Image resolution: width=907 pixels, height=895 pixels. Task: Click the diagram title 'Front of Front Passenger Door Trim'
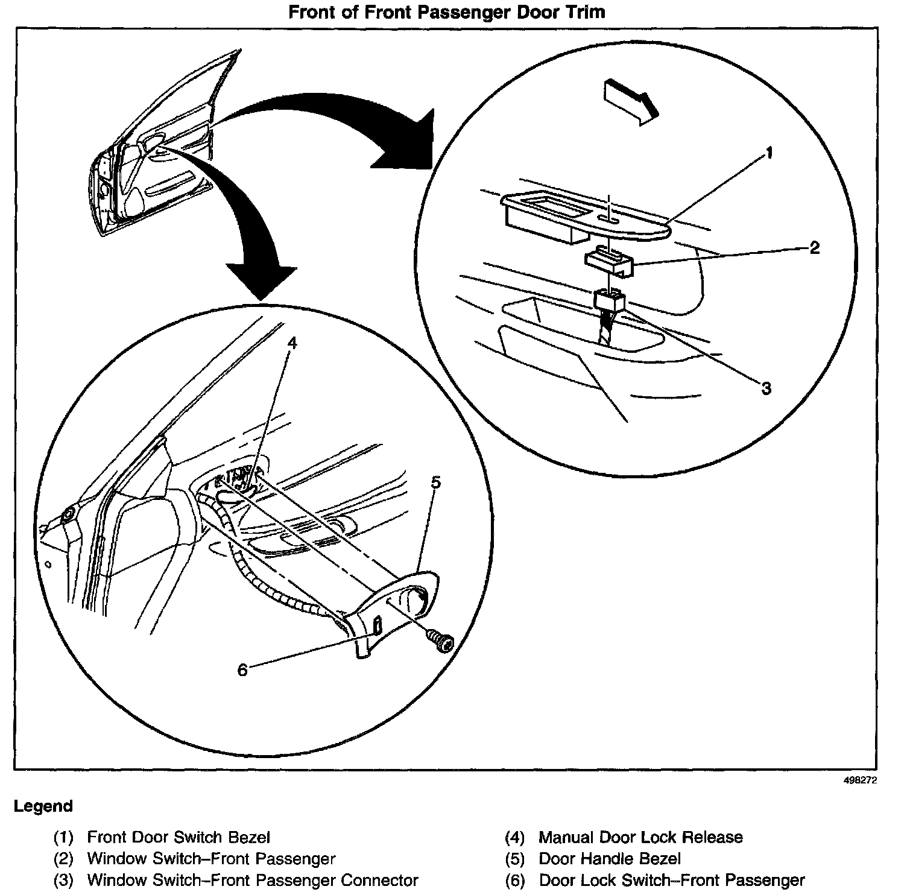coord(447,12)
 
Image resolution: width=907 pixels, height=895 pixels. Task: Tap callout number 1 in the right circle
coord(768,154)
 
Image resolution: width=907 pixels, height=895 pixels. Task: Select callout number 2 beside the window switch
coord(814,247)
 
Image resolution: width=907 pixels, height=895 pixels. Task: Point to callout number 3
coord(766,388)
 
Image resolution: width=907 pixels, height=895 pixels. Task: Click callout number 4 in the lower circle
coord(292,343)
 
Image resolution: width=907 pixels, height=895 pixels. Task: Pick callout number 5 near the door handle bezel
coord(435,482)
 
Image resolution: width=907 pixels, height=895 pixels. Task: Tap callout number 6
coord(242,669)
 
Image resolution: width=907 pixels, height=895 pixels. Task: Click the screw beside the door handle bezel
coord(441,640)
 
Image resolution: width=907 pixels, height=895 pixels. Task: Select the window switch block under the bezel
coord(608,262)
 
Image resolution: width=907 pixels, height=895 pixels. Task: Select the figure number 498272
coord(860,780)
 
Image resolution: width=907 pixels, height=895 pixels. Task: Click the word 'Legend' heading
coord(43,806)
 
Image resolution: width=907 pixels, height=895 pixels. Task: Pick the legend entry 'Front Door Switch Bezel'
coord(179,837)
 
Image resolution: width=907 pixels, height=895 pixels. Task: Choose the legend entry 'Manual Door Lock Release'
coord(640,837)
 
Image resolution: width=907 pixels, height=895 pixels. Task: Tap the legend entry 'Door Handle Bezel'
coord(610,859)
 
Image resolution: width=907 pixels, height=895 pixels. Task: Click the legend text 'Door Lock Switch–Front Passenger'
coord(672,881)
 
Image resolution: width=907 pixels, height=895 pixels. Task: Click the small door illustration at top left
coord(154,157)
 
